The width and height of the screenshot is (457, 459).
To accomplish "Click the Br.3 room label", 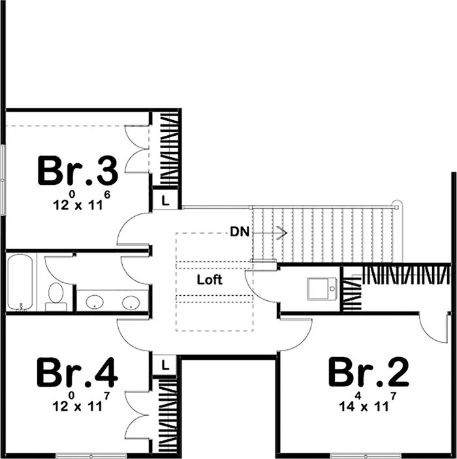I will tap(78, 170).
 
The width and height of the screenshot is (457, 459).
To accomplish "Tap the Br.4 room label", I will tap(78, 373).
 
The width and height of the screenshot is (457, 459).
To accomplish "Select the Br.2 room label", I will tap(368, 373).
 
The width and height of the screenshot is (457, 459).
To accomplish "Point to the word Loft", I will tap(210, 279).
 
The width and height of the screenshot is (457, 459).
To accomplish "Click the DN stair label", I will tap(238, 231).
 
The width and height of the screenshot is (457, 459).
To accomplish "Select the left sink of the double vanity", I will tap(95, 302).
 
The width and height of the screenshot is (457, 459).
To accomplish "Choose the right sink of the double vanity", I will tap(131, 302).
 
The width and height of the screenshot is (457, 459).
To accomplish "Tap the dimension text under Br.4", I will tap(78, 404).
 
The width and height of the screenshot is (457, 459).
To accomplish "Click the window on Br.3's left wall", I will tap(3, 180).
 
